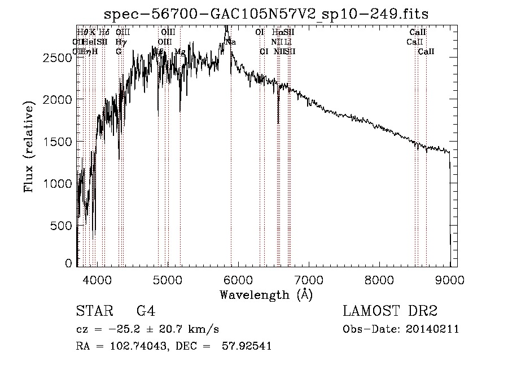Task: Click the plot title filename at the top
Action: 266,15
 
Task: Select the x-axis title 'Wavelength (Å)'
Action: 266,294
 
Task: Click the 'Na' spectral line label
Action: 230,42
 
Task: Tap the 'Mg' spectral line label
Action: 180,51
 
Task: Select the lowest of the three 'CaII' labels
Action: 426,51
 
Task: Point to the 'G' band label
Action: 119,51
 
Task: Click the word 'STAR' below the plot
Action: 94,311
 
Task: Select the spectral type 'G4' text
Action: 146,311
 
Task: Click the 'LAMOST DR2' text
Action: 390,311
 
